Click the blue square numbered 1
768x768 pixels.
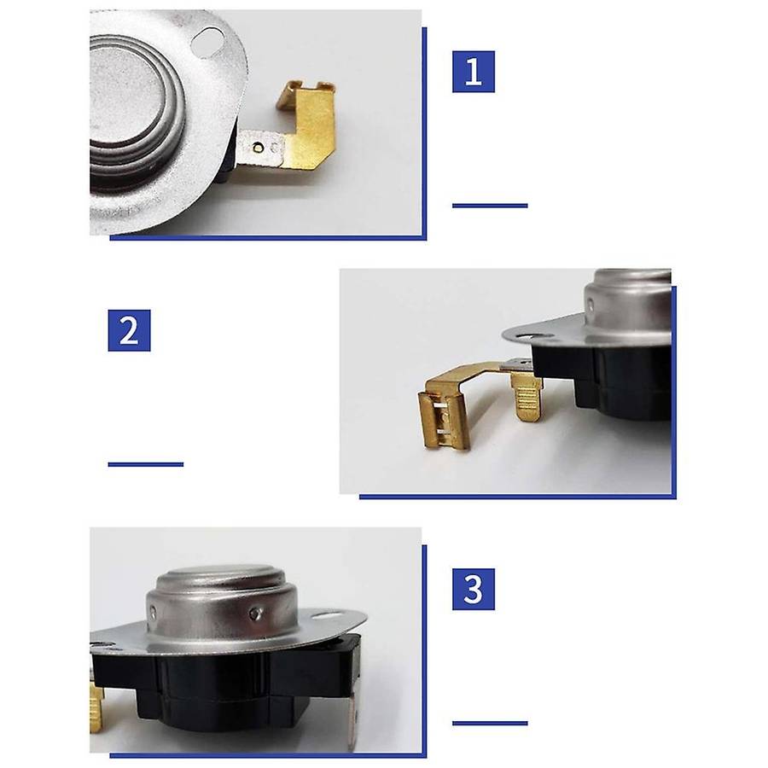pos(473,72)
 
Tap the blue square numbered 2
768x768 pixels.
pos(129,330)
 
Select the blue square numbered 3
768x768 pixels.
pos(473,589)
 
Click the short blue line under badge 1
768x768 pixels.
pos(490,206)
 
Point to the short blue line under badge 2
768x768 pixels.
pos(145,464)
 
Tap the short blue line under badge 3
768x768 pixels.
pos(490,723)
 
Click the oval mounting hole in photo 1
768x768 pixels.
pos(207,40)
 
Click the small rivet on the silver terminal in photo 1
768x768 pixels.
pos(258,148)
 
